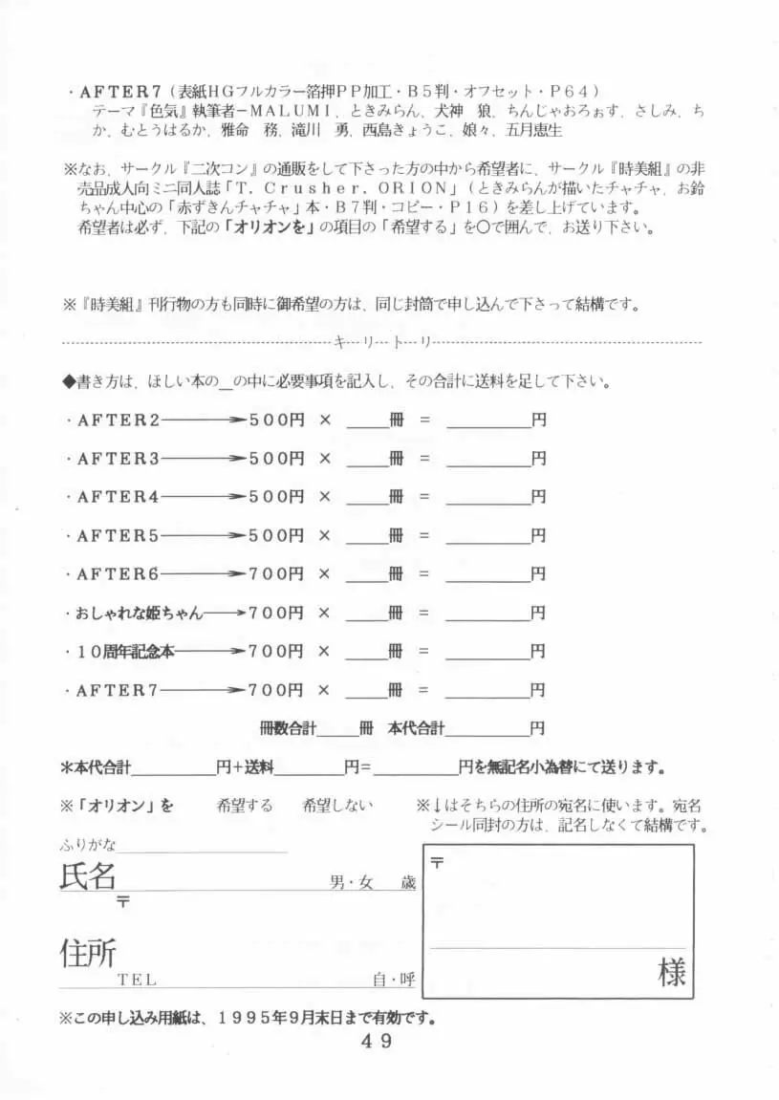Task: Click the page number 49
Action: tap(377, 1042)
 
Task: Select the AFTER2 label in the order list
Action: tap(118, 420)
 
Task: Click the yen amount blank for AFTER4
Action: tap(487, 497)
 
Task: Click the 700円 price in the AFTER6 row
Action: tap(276, 574)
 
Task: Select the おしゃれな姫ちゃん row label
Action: tap(139, 613)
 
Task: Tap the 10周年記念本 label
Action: tap(124, 652)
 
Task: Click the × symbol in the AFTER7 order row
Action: tap(324, 690)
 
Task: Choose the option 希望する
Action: tap(245, 806)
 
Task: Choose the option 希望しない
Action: tap(337, 806)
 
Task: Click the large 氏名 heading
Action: tap(87, 876)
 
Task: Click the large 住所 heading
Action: tap(87, 953)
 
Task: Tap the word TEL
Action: tap(137, 980)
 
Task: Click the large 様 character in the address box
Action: tap(671, 973)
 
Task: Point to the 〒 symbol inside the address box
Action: tap(438, 862)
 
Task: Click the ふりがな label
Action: tap(87, 844)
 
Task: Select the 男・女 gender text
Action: tap(352, 884)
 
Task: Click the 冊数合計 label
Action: tap(288, 728)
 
